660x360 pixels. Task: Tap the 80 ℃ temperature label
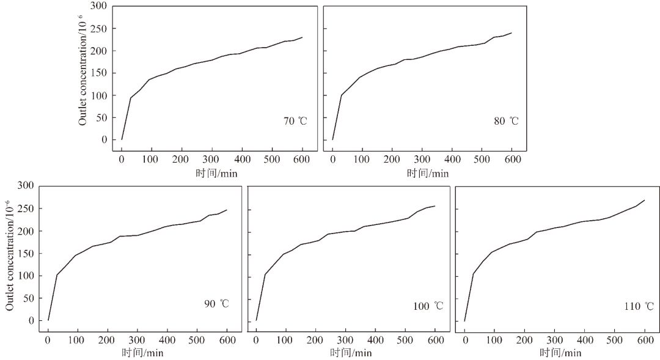pyautogui.click(x=506, y=121)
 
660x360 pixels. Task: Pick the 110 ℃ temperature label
pyautogui.click(x=639, y=306)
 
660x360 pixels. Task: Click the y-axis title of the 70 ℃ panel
pyautogui.click(x=83, y=65)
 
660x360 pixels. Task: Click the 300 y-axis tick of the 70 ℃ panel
pyautogui.click(x=99, y=7)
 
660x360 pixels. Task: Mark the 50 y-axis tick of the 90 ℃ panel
pyautogui.click(x=28, y=298)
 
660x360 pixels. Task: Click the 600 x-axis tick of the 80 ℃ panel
pyautogui.click(x=512, y=159)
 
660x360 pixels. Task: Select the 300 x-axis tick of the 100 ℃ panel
pyautogui.click(x=346, y=339)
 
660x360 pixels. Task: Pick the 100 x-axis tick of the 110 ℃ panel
pyautogui.click(x=494, y=339)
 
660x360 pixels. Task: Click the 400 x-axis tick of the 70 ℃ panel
pyautogui.click(x=242, y=159)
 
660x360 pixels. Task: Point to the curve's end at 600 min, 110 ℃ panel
pyautogui.click(x=645, y=200)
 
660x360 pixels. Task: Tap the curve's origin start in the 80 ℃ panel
pyautogui.click(x=332, y=139)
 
